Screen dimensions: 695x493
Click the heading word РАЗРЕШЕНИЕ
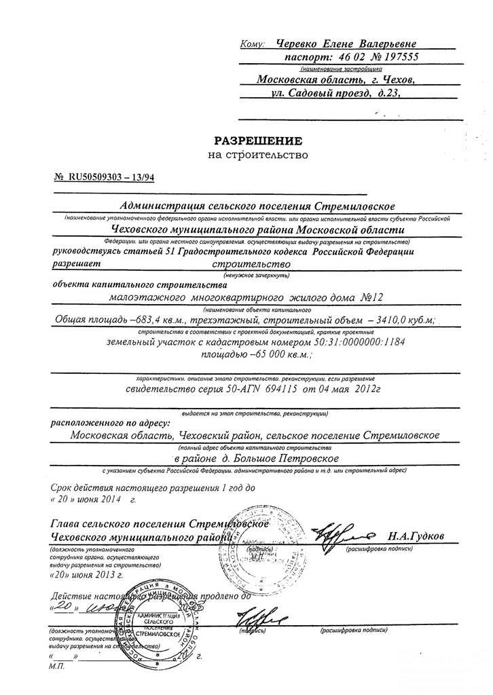[x=257, y=141]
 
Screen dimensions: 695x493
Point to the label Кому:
[x=252, y=45]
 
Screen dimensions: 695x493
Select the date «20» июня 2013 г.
[x=87, y=574]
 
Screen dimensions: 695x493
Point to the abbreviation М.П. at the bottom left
[x=58, y=668]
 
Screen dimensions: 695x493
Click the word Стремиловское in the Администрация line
[x=354, y=206]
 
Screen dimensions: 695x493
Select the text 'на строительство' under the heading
[x=257, y=155]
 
